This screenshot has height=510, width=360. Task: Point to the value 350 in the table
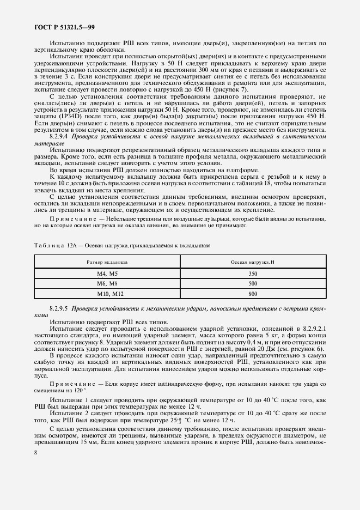pos(252,274)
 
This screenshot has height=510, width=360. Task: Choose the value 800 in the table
pos(252,294)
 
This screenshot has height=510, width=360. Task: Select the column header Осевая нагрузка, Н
pos(252,262)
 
